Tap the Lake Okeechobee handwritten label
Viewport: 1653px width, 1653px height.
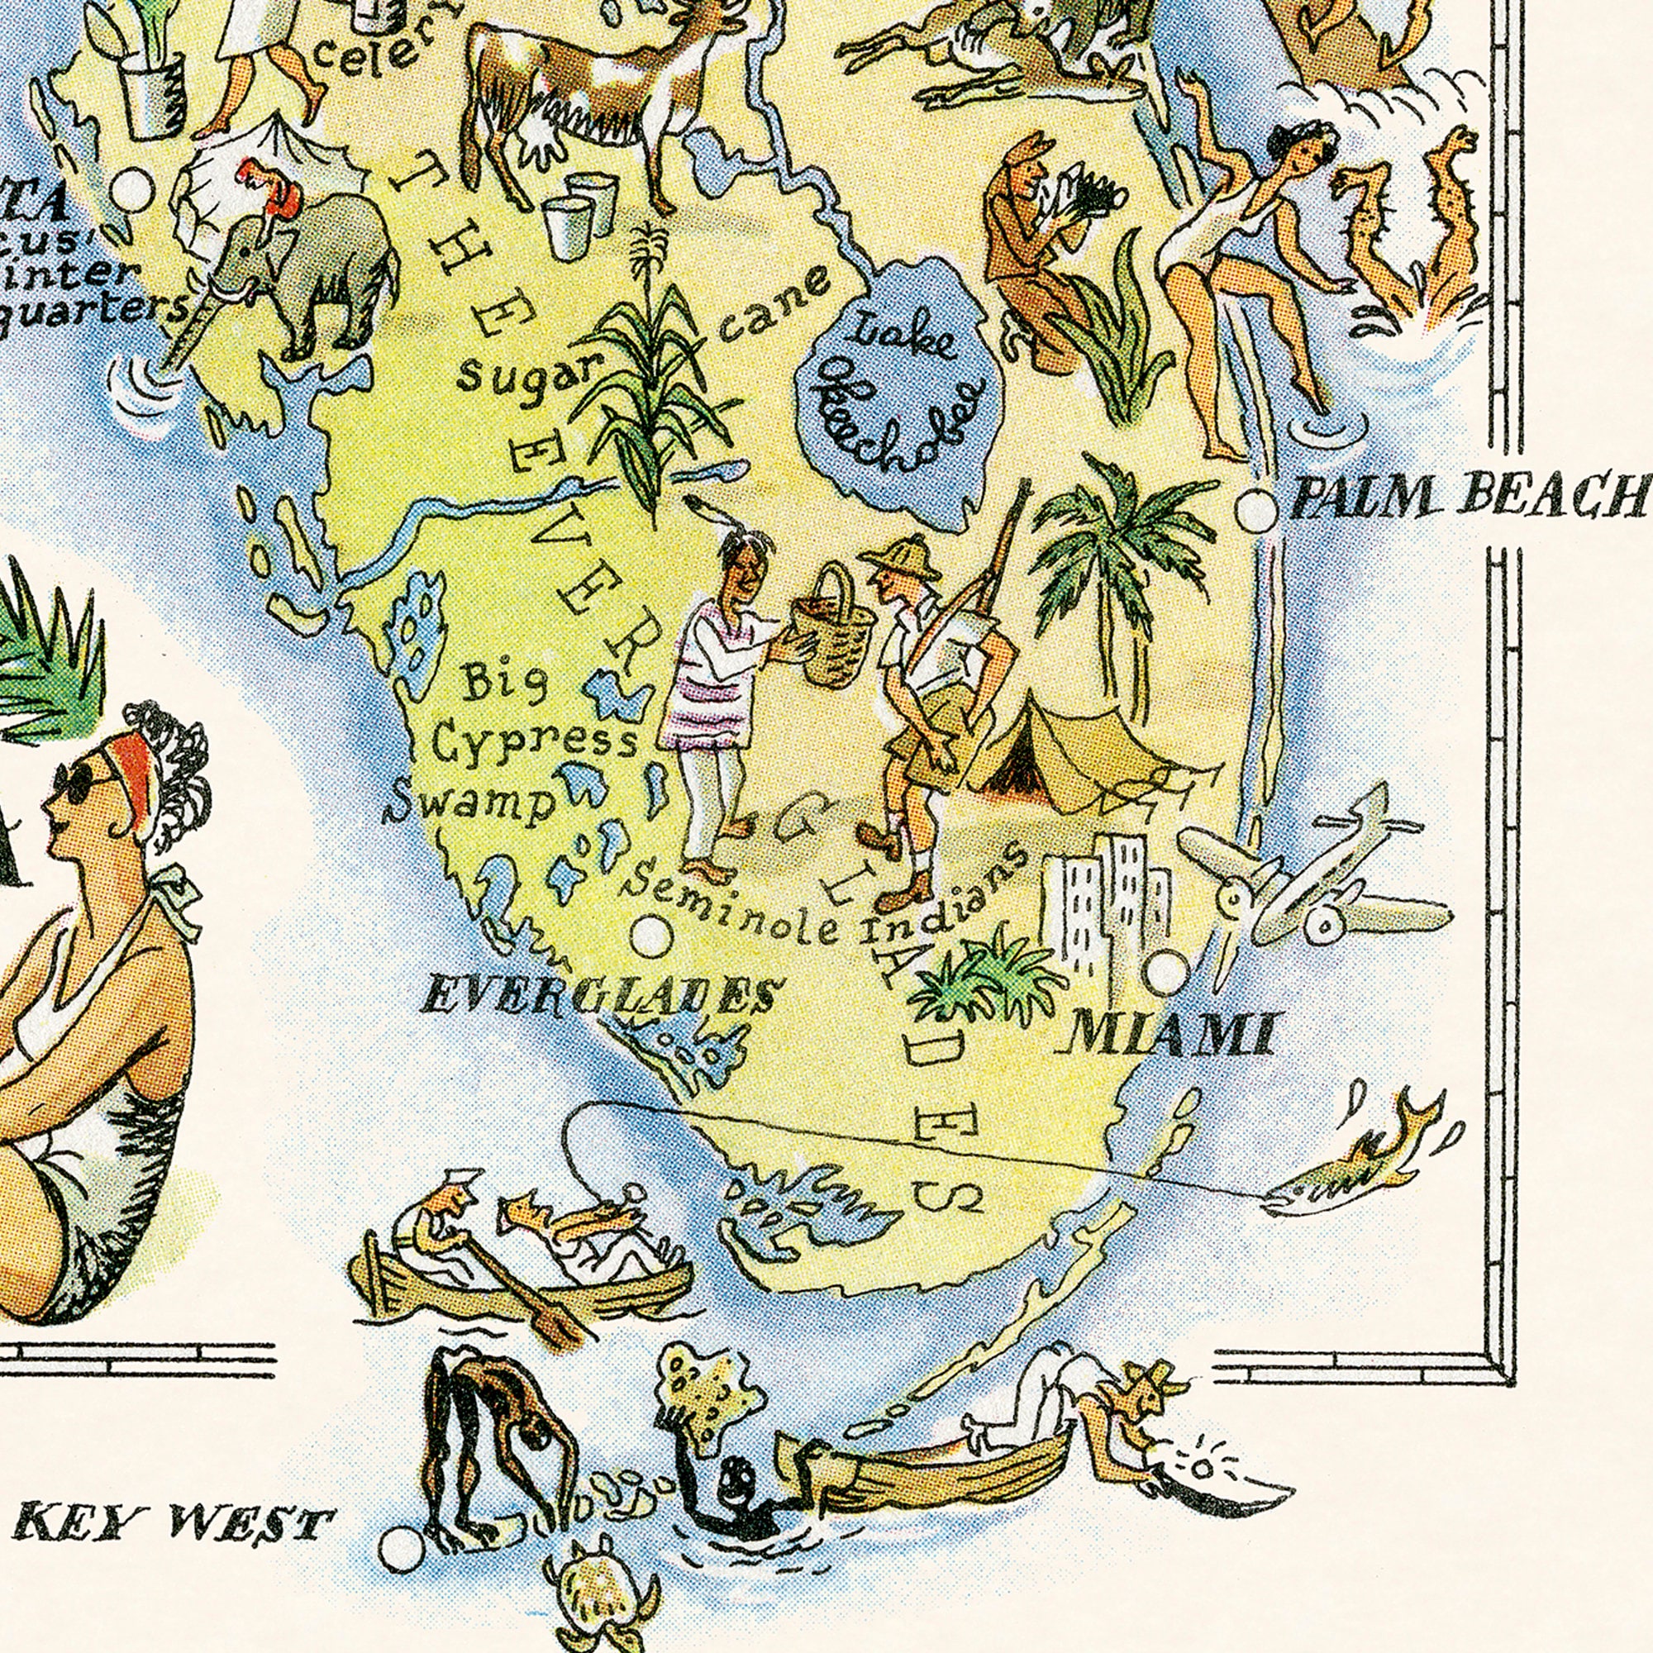(x=899, y=386)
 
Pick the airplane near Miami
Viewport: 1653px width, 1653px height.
(x=1309, y=881)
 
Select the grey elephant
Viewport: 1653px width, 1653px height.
(x=317, y=265)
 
